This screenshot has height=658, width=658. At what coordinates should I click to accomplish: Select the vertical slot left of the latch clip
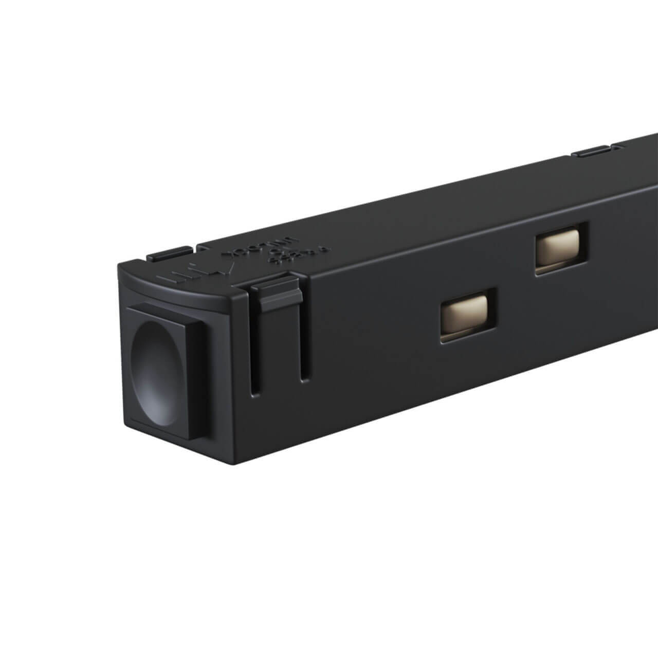coord(255,350)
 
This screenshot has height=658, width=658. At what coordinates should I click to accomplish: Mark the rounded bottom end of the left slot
coord(256,393)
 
